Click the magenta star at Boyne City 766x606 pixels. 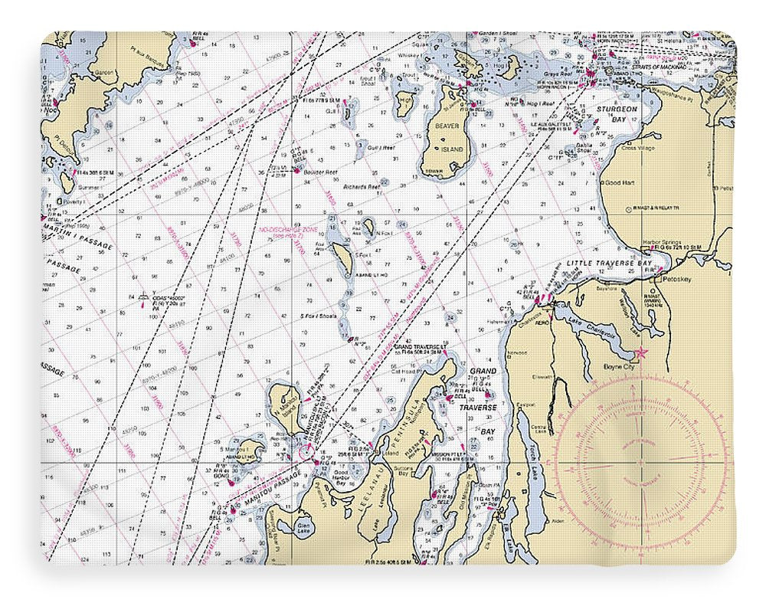[x=642, y=353]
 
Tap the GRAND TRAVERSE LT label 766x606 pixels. [x=419, y=346]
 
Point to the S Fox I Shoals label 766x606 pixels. [x=319, y=315]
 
